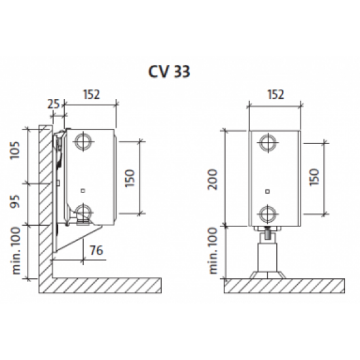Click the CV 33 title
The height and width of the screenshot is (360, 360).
[170, 71]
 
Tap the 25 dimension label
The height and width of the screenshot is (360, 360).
[53, 104]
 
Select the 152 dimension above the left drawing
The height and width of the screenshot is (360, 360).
[92, 94]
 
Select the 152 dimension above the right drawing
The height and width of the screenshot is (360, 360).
[276, 94]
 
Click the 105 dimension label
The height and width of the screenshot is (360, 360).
[15, 150]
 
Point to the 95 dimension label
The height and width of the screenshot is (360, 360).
[16, 202]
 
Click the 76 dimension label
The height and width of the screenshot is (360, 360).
[96, 250]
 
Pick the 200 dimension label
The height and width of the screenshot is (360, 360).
[212, 179]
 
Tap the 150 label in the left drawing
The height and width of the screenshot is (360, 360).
[130, 178]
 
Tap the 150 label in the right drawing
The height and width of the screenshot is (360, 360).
[314, 177]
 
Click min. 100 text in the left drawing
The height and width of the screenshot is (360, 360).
[16, 251]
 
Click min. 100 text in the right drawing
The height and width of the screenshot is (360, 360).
[213, 251]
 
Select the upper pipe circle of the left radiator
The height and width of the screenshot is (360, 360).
[83, 141]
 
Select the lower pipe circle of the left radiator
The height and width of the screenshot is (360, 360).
[84, 212]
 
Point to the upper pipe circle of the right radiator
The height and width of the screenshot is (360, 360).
[268, 143]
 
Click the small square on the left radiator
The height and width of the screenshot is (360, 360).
[83, 190]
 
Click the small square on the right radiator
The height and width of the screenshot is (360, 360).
[268, 192]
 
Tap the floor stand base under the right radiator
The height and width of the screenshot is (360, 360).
[268, 275]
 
